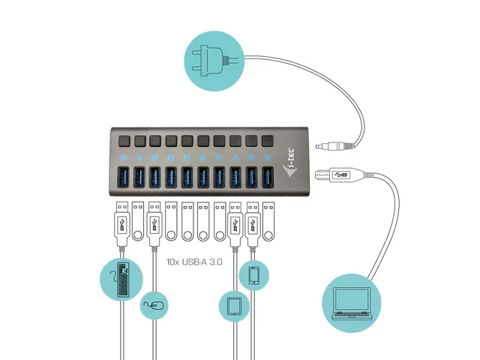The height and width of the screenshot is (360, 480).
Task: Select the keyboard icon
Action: [x=121, y=280]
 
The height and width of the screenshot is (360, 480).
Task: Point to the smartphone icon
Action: [x=253, y=275]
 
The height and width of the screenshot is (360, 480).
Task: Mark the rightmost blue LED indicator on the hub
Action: [x=267, y=159]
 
